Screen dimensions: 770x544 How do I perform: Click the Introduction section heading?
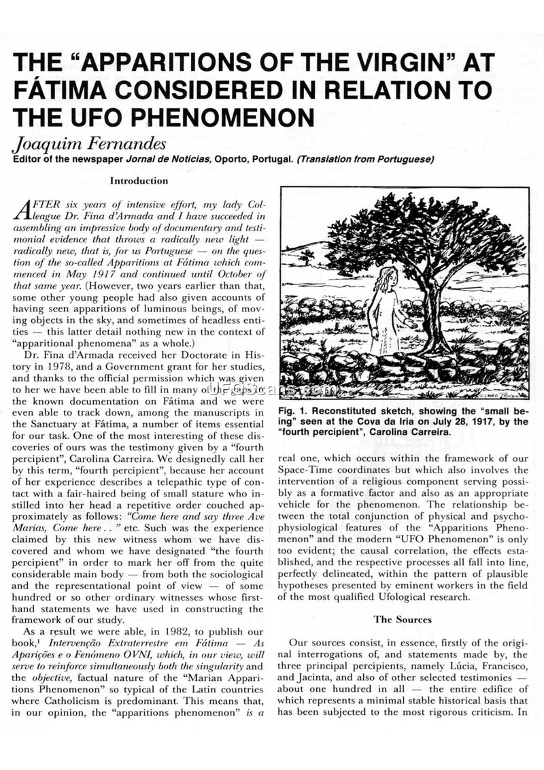[139, 181]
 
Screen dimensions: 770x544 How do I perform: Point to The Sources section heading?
[402, 619]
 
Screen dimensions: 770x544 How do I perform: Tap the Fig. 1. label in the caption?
[296, 412]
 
